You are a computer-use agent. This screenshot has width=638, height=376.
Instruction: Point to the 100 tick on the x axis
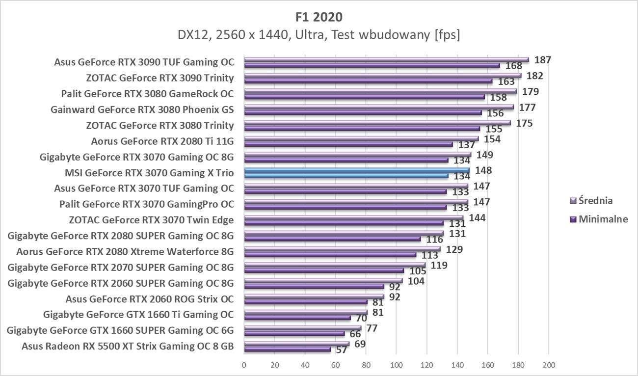[396, 365]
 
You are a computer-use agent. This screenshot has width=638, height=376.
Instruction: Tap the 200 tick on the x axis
[548, 365]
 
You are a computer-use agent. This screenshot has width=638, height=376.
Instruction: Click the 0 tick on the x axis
[244, 365]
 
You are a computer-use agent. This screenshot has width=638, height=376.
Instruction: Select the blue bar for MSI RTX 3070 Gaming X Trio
[357, 170]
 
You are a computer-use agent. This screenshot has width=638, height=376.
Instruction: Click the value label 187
[543, 60]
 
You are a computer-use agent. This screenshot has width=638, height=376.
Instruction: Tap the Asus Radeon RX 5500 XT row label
[128, 346]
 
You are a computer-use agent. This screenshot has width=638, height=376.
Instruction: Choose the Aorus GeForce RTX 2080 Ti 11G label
[162, 141]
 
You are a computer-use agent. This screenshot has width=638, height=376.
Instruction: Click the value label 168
[513, 66]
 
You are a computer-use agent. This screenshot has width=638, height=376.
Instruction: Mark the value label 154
[492, 139]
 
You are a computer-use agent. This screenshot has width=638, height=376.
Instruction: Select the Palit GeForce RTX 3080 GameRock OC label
[147, 94]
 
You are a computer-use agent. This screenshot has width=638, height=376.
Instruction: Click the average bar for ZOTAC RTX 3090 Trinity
[382, 76]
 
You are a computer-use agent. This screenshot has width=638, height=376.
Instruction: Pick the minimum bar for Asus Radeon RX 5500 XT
[287, 349]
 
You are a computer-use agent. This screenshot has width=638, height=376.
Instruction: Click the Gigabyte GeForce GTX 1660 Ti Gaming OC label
[138, 315]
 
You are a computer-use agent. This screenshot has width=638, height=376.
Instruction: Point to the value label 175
[524, 123]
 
